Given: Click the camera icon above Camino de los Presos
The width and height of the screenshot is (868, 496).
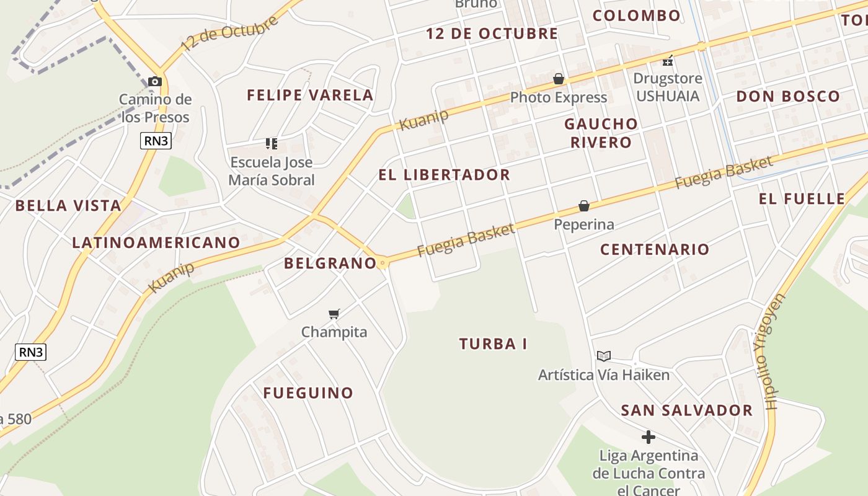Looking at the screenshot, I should click(x=155, y=81).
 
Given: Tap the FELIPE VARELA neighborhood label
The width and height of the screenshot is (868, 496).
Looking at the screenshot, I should click(x=310, y=95).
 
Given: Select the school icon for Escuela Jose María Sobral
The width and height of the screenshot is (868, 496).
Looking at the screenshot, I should click(x=271, y=144).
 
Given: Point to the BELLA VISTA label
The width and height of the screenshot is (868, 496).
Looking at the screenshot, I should click(x=68, y=206).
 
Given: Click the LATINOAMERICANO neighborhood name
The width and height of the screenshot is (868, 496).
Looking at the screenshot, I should click(x=156, y=242).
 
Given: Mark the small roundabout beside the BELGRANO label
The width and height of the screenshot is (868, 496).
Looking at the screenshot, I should click(x=383, y=263).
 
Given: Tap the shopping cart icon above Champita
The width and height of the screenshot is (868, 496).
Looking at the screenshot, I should click(x=334, y=314).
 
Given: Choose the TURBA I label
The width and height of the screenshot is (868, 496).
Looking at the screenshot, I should click(x=493, y=344).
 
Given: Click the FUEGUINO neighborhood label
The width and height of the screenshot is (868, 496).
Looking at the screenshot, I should click(x=308, y=393).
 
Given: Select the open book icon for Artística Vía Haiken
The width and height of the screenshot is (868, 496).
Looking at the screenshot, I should click(x=603, y=356).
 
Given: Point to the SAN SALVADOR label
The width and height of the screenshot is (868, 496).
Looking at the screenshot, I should click(x=686, y=410).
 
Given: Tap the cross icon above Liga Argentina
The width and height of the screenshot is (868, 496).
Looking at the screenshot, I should click(x=648, y=437).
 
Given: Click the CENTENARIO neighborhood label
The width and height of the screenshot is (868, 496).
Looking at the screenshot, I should click(x=654, y=249).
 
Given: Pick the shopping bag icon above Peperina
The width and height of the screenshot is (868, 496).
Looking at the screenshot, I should click(x=583, y=206).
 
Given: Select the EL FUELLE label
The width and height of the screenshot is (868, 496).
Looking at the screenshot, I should click(x=802, y=199).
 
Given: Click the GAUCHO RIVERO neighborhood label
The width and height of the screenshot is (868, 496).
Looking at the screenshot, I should click(x=600, y=133).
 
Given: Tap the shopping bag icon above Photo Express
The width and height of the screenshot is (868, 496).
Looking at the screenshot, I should click(x=559, y=79).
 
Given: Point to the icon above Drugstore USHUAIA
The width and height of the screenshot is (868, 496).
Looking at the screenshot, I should click(x=668, y=61).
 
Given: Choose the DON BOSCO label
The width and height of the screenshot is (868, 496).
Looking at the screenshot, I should click(x=787, y=97).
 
